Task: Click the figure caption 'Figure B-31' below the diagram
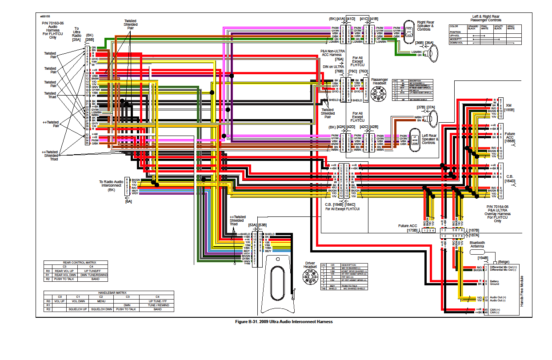click(284, 321)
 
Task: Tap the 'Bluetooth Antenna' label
click(477, 245)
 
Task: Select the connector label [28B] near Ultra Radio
click(90, 40)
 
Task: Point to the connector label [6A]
click(128, 201)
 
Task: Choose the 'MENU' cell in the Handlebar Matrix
click(101, 301)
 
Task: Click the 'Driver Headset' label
click(310, 265)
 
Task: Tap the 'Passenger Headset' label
click(379, 81)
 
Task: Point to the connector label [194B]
click(483, 258)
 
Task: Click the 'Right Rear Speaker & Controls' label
click(425, 26)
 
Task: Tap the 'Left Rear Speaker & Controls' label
click(429, 139)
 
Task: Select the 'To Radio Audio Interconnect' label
click(112, 186)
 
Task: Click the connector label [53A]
click(252, 225)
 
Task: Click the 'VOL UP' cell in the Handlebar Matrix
click(60, 301)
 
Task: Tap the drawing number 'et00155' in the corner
click(44, 16)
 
